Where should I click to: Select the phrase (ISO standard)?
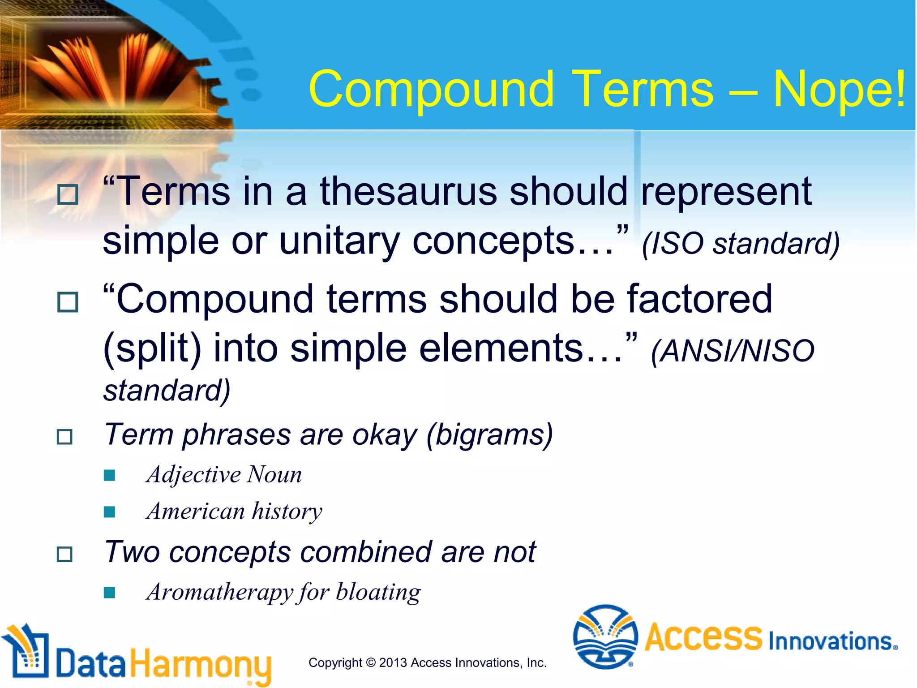(x=741, y=244)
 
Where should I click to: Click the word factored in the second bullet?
(x=699, y=299)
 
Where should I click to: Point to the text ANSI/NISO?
(x=733, y=351)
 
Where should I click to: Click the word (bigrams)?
(x=490, y=434)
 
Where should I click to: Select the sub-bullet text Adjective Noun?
(x=224, y=474)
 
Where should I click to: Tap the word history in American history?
(x=287, y=511)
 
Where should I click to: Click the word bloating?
(x=378, y=592)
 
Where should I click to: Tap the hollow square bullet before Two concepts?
(x=65, y=555)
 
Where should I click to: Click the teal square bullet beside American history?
(x=109, y=512)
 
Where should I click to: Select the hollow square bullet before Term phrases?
(x=65, y=437)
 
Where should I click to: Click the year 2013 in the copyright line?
(x=393, y=663)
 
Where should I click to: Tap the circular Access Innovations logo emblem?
(x=605, y=637)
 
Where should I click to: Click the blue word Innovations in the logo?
(x=832, y=641)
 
